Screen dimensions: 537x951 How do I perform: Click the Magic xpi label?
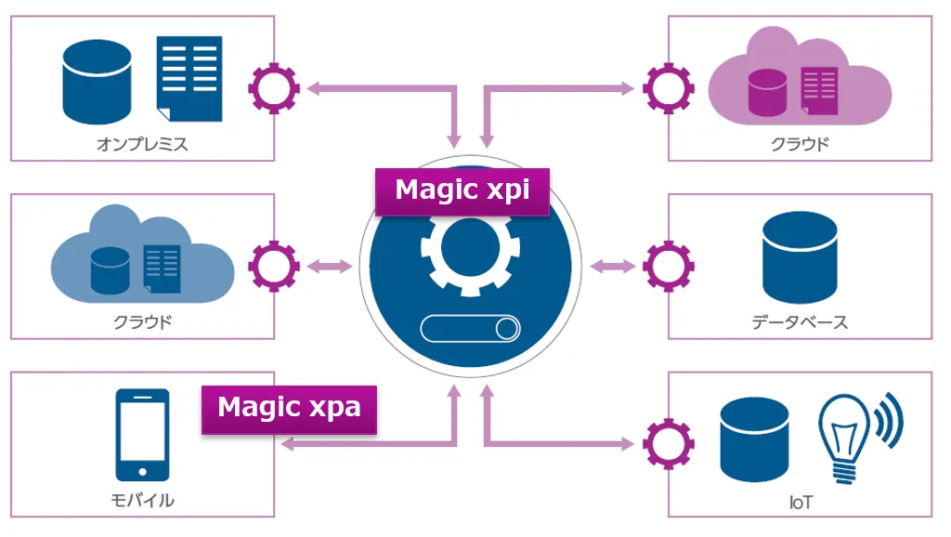462,190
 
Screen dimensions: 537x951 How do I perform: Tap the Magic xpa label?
289,408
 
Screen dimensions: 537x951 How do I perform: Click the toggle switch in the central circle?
471,329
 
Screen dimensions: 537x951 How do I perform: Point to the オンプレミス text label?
142,144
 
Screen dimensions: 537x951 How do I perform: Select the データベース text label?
800,322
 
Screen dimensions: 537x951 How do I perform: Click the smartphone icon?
142,434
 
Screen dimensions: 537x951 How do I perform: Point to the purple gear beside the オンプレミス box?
274,89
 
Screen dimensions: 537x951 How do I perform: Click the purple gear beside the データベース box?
668,267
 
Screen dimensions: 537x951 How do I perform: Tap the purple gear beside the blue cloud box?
274,267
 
